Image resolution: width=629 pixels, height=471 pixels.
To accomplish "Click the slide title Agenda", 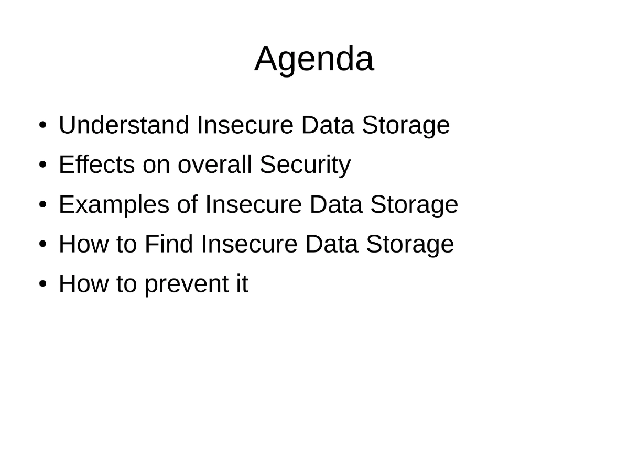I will tap(314, 59).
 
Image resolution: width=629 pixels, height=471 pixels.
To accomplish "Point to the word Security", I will tap(305, 165).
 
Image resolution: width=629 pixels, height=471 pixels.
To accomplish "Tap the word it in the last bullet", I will tap(241, 284).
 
